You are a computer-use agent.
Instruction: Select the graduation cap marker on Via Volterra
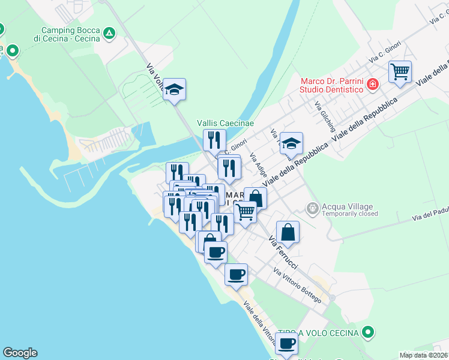click(x=174, y=90)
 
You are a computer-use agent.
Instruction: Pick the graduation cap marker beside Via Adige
click(x=291, y=144)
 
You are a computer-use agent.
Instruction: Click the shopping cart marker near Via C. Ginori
click(x=399, y=73)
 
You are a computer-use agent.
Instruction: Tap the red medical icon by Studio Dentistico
click(x=373, y=85)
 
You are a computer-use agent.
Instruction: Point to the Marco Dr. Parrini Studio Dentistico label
click(x=333, y=85)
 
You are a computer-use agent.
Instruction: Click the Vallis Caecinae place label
click(x=226, y=123)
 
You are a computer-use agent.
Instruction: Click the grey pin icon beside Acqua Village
click(x=312, y=209)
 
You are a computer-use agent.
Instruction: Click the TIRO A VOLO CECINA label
click(x=319, y=332)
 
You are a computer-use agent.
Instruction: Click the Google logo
click(x=20, y=353)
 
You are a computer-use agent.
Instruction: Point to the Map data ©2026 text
click(x=424, y=355)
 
